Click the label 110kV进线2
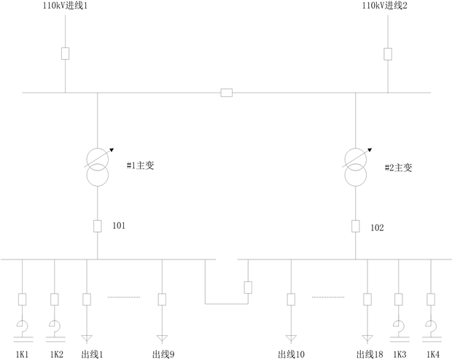coord(386,6)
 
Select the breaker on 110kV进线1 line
coord(66,53)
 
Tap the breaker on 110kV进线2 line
coord(388,53)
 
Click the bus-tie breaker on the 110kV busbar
coord(227,93)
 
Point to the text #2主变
coord(398,168)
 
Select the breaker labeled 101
coord(98,226)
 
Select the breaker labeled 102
coord(356,226)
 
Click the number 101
coord(119,226)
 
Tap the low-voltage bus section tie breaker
coord(248,287)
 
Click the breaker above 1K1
coord(22,299)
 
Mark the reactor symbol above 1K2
coord(54,326)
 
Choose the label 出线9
coord(163,354)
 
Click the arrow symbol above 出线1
coord(87,337)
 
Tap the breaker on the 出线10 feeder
coord(291,299)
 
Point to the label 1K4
coord(432,354)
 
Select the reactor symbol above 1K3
coord(399,326)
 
